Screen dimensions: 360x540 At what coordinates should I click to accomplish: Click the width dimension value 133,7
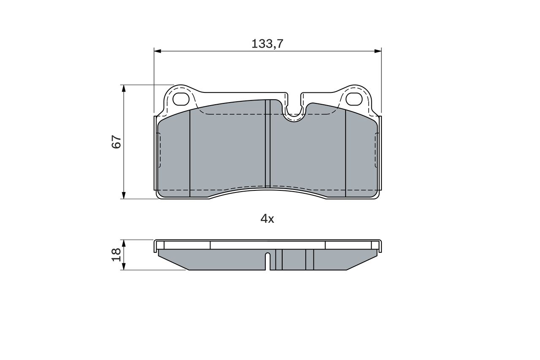point(267,43)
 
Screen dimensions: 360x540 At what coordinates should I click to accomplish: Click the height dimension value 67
point(116,142)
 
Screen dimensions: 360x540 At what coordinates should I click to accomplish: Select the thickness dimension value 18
point(116,254)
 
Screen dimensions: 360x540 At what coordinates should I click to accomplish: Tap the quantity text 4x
point(267,219)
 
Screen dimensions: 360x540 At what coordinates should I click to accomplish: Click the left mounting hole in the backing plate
point(182,98)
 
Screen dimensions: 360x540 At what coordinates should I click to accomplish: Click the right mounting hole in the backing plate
point(354,98)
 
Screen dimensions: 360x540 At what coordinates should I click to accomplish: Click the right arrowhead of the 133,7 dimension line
point(378,51)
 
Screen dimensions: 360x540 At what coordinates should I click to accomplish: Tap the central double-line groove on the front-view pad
point(267,143)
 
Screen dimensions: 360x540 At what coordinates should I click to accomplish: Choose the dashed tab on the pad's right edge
point(376,150)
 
